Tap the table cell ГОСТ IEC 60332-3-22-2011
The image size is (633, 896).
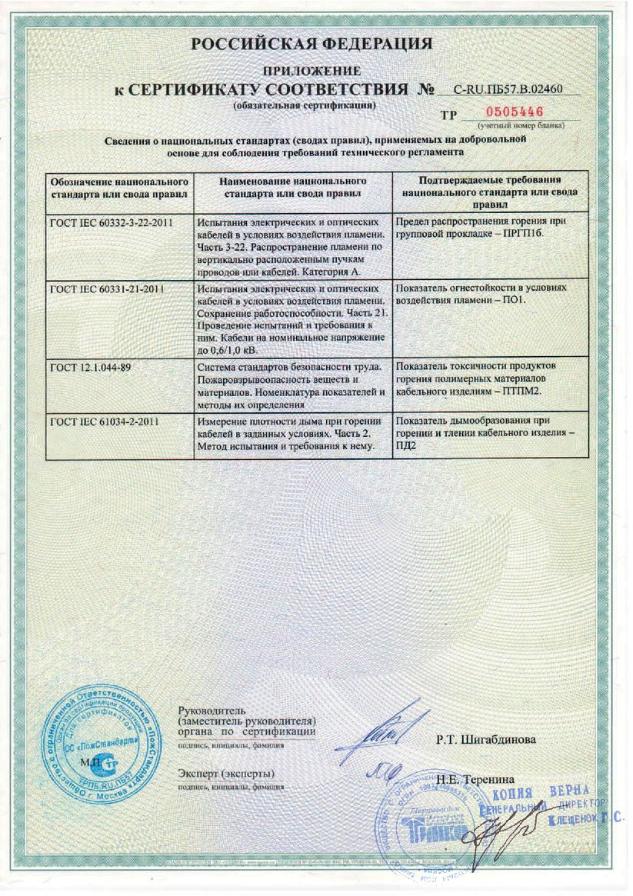click(111, 223)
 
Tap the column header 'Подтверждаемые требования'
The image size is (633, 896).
click(490, 190)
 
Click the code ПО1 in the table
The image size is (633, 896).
click(512, 299)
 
